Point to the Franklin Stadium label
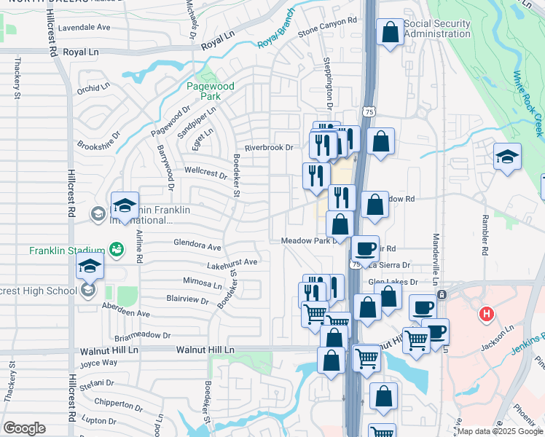[x=63, y=251]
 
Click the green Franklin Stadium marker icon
[x=116, y=250]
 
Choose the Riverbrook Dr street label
[x=268, y=148]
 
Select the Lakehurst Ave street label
[x=232, y=262]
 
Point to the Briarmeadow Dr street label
[x=142, y=336]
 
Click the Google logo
[x=24, y=428]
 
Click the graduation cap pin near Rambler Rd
[x=507, y=157]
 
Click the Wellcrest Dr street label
[x=206, y=173]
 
